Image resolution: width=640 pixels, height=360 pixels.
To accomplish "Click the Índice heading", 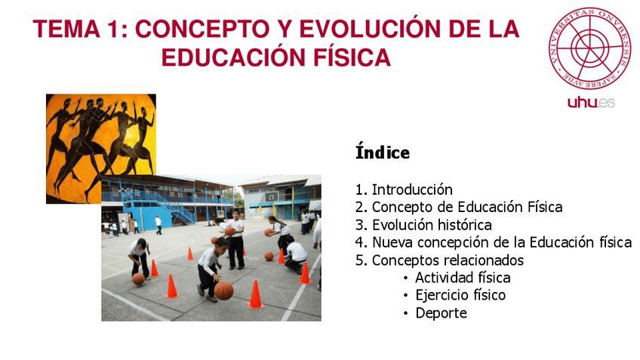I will pos(382,153).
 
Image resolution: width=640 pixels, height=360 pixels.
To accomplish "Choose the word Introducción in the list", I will pos(412,190).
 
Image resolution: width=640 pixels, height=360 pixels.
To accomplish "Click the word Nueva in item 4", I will pos(392,242).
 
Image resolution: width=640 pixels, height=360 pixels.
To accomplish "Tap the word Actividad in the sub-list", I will pos(446,278).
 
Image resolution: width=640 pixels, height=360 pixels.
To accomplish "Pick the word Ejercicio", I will pos(441,295).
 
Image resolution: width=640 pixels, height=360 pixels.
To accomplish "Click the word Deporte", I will pos(441,312).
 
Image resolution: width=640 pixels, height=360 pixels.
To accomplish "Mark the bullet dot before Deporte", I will pos(407,313).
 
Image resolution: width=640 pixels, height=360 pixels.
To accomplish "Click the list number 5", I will pos(359,260).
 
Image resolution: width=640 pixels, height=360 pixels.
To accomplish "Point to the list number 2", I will pos(359,208).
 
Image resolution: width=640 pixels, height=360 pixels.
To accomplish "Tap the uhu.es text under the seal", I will pos(590,102).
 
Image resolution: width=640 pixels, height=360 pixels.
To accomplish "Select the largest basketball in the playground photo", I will pos(223,290).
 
